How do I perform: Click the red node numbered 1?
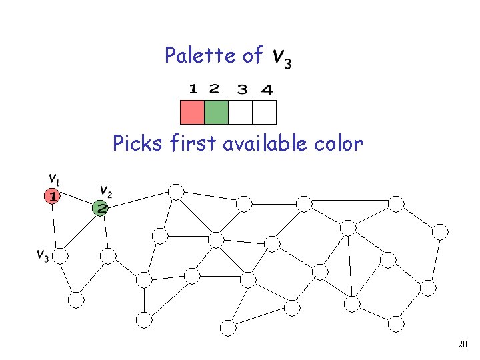pyautogui.click(x=52, y=196)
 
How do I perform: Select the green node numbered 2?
pyautogui.click(x=101, y=208)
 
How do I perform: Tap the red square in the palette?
pyautogui.click(x=192, y=112)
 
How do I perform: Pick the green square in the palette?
pyautogui.click(x=216, y=112)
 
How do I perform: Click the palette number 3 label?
pyautogui.click(x=242, y=89)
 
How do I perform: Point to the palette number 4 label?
pyautogui.click(x=266, y=89)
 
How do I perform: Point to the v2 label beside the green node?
pyautogui.click(x=105, y=191)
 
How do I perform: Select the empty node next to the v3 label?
pyautogui.click(x=60, y=255)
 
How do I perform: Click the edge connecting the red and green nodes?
pyautogui.click(x=76, y=202)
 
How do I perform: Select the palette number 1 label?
pyautogui.click(x=193, y=88)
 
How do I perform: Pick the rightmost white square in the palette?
pyautogui.click(x=264, y=112)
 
